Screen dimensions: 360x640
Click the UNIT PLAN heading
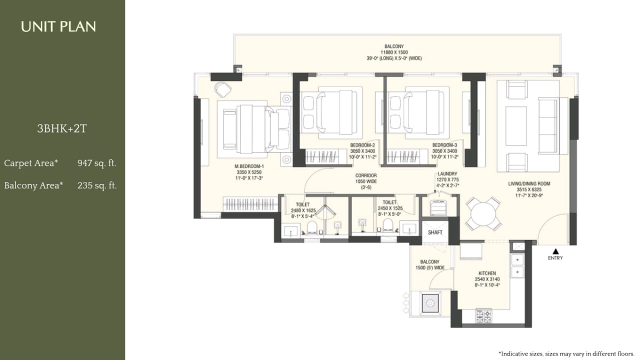58,26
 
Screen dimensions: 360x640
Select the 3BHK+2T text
62,129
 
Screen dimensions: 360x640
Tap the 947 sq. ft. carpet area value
97,163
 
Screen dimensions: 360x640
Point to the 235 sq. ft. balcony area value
97,185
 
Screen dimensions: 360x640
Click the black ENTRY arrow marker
554,251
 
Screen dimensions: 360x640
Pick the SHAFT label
435,232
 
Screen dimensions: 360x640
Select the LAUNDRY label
447,173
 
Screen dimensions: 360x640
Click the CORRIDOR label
366,175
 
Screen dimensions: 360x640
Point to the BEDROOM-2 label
362,145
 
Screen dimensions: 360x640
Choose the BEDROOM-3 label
445,145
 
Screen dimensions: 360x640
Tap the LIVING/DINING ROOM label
529,184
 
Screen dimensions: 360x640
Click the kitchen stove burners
483,315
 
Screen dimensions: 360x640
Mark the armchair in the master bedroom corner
223,89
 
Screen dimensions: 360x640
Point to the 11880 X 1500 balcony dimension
394,52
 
